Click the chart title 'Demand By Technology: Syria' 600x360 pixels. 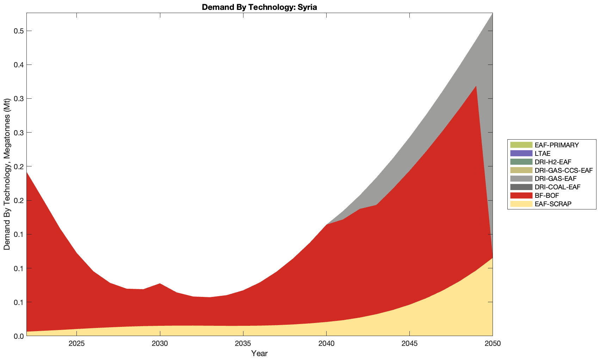[259, 7]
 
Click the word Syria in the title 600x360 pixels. [307, 7]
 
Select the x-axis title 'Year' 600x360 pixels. [259, 353]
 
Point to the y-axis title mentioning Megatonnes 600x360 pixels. [7, 174]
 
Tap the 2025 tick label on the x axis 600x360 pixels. [77, 344]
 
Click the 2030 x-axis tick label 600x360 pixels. [160, 344]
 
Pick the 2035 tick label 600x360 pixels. [243, 344]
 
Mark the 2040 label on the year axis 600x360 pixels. [326, 344]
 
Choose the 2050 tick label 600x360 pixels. [492, 344]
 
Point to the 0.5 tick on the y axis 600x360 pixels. [18, 31]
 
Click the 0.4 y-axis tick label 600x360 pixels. [18, 65]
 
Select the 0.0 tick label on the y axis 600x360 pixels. [18, 336]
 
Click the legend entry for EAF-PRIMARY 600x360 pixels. [556, 145]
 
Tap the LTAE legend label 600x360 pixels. [542, 153]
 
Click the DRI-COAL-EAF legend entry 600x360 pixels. [557, 187]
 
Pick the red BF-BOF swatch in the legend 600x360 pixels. [521, 195]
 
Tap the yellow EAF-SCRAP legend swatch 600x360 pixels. [521, 204]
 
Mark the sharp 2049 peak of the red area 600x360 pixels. [476, 86]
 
